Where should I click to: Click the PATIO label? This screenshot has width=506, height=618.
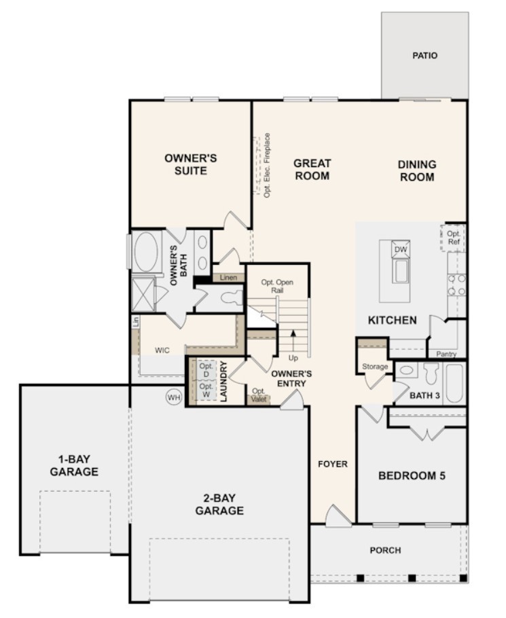click(x=424, y=56)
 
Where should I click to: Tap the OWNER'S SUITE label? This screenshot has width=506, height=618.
click(x=190, y=164)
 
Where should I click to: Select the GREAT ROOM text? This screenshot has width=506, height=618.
click(x=312, y=170)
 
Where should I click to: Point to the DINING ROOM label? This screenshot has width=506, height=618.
click(x=417, y=170)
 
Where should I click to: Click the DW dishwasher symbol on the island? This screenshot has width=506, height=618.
click(x=401, y=250)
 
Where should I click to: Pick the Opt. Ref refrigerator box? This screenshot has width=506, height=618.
click(x=453, y=238)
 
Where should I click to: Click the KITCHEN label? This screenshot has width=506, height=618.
click(x=393, y=320)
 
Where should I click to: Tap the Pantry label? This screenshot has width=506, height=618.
click(x=447, y=354)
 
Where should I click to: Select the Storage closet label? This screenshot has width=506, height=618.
click(x=375, y=367)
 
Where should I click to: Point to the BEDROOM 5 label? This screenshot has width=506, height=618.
click(x=412, y=475)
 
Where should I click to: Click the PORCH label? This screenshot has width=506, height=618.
click(x=385, y=550)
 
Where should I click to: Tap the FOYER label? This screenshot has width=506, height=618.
click(x=333, y=465)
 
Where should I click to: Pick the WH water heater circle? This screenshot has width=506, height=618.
click(x=174, y=397)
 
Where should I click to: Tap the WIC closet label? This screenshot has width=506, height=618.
click(x=162, y=350)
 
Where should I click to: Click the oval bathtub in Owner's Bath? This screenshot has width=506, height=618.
click(x=146, y=253)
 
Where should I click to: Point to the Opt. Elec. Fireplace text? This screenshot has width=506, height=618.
click(x=267, y=165)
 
